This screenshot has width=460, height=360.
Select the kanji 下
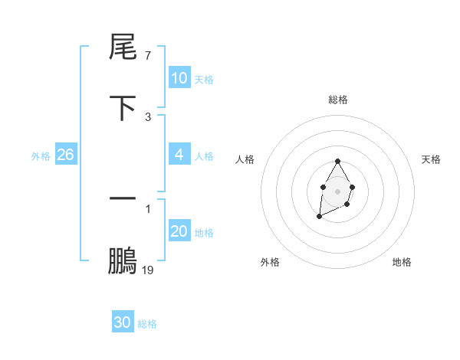pos(123,108)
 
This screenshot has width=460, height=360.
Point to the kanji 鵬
pos(123,260)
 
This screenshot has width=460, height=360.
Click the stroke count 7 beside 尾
pos(148,56)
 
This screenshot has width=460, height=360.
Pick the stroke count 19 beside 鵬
pos(148,270)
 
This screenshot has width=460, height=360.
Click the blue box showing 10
pos(179,78)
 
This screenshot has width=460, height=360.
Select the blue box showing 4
pos(179,155)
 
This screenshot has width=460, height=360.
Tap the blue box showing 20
pos(179,231)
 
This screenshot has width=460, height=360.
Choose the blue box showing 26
pos(65,155)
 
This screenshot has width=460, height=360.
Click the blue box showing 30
pos(123,323)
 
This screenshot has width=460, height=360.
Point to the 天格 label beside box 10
pos(203,80)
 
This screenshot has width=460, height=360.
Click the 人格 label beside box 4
pos(203,156)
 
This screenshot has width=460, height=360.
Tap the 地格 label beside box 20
pos(203,233)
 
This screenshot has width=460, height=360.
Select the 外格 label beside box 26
pos(41,156)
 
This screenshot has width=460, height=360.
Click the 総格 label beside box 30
pos(147,325)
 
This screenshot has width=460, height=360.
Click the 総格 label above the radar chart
pos(338,100)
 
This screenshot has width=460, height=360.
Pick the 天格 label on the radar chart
pos(431,159)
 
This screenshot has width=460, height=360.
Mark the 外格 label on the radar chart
pos(270,262)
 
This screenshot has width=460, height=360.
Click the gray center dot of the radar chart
pos(337,190)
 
